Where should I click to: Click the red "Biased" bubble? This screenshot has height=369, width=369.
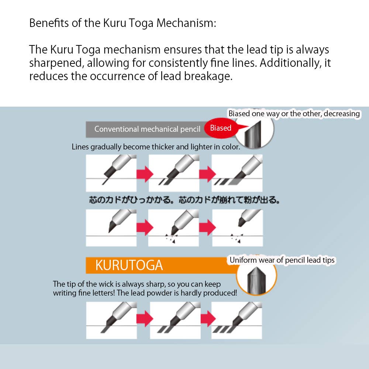(x=220, y=128)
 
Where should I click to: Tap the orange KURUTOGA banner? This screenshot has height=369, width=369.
(x=129, y=265)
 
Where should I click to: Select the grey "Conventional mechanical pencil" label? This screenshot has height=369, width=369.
(x=147, y=129)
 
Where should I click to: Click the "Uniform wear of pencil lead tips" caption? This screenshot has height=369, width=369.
(x=282, y=260)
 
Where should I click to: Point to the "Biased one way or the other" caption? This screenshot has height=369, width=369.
(x=294, y=114)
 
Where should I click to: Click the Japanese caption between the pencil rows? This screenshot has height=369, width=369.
(x=184, y=200)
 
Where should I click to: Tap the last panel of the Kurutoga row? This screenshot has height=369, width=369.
(x=237, y=320)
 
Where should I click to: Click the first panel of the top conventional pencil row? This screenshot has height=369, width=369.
(x=111, y=173)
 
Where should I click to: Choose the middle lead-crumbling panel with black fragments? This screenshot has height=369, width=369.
(x=174, y=228)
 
